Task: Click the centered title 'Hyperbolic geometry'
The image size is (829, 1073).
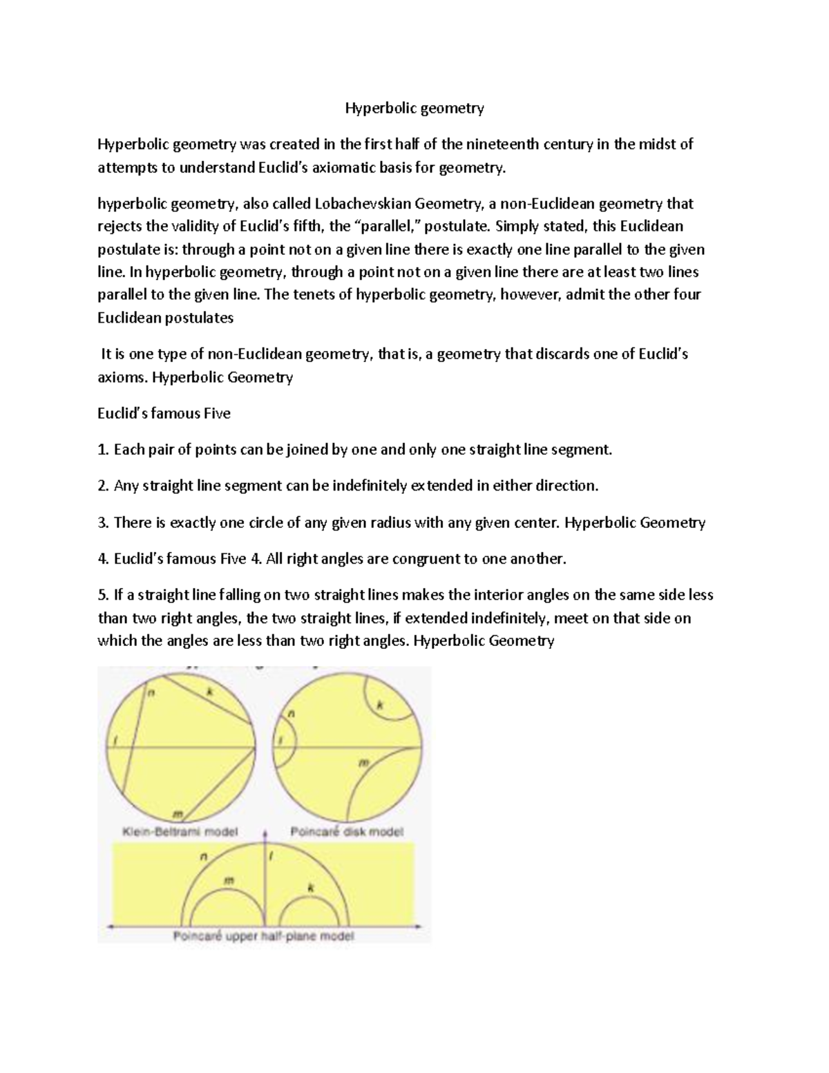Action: point(414,108)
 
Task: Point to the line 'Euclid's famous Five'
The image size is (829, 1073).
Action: point(164,414)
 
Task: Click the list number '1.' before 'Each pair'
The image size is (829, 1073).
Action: point(104,450)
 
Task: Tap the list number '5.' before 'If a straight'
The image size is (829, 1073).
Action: point(104,595)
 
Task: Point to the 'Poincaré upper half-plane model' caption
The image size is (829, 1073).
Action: point(263,937)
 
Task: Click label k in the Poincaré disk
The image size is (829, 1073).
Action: point(379,705)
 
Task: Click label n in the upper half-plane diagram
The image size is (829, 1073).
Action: point(203,857)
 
